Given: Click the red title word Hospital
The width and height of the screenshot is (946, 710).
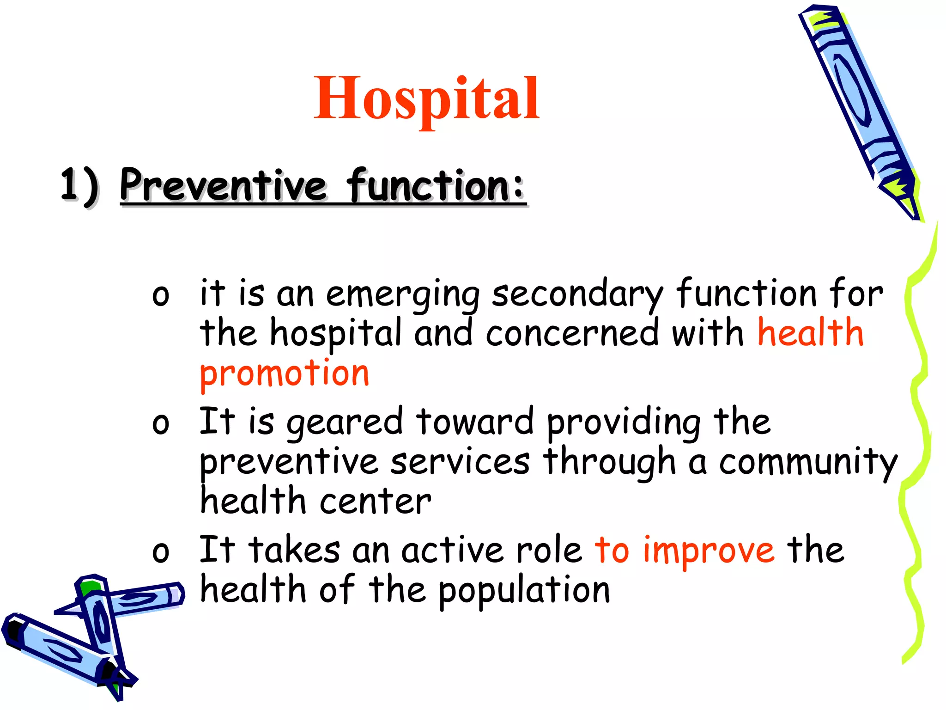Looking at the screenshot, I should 426,98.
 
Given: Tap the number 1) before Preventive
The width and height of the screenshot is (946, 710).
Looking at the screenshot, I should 79,186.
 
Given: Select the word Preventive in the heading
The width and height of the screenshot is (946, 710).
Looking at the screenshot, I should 223,186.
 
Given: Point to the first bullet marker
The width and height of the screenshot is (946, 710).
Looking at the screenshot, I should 160,296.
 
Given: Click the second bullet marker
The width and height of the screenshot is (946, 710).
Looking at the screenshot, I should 160,424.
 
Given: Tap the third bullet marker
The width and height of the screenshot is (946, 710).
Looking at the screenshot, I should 160,552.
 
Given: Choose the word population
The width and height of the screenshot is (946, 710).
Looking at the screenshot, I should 524,592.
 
